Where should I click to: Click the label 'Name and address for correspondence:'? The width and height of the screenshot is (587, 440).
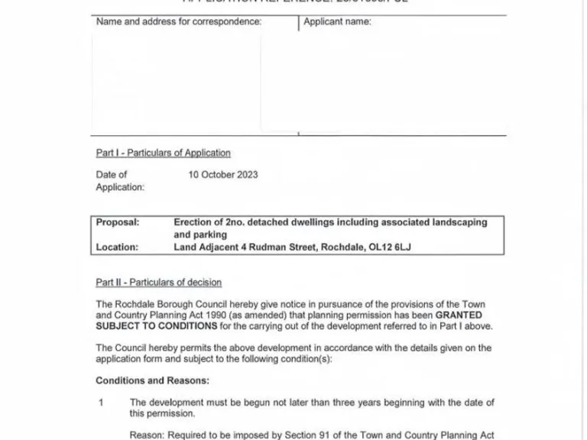click(179, 21)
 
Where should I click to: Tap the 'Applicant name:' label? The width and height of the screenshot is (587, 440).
click(337, 21)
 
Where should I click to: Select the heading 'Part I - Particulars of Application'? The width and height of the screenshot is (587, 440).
click(163, 153)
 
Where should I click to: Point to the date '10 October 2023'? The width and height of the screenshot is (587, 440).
click(223, 174)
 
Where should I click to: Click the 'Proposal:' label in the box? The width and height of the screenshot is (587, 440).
click(118, 222)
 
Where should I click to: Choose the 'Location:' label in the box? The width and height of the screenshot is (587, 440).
click(117, 247)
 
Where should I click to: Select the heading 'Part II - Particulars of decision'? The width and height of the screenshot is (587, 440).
click(158, 283)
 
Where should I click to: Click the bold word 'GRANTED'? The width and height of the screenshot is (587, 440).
click(459, 315)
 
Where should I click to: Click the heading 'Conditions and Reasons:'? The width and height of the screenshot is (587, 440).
click(152, 380)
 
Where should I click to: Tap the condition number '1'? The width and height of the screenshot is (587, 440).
click(100, 402)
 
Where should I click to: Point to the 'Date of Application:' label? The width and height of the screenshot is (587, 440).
click(119, 180)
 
